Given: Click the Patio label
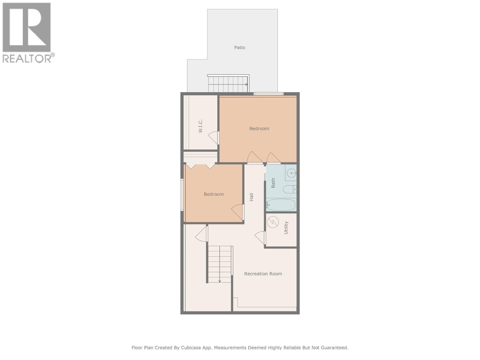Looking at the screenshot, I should point(239,47).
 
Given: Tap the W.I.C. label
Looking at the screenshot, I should point(201,126).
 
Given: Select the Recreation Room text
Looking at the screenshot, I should point(263,274).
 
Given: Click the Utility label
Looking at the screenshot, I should point(286,228).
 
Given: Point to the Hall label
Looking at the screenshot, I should point(251,197).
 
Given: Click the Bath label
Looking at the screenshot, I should point(273,183).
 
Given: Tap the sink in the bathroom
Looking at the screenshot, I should point(291,173).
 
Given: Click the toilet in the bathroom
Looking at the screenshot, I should point(289,189).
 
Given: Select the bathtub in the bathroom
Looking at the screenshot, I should point(281,205).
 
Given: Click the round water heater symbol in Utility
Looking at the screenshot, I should point(273,222).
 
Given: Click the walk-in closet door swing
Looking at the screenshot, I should point(213,138).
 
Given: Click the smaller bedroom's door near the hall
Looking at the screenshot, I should point(238,212).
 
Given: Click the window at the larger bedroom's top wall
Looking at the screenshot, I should point(268,94).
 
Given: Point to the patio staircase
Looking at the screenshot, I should point(228,84).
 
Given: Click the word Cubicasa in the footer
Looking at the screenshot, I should point(193,348).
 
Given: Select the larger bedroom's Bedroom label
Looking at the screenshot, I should point(259,128).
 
